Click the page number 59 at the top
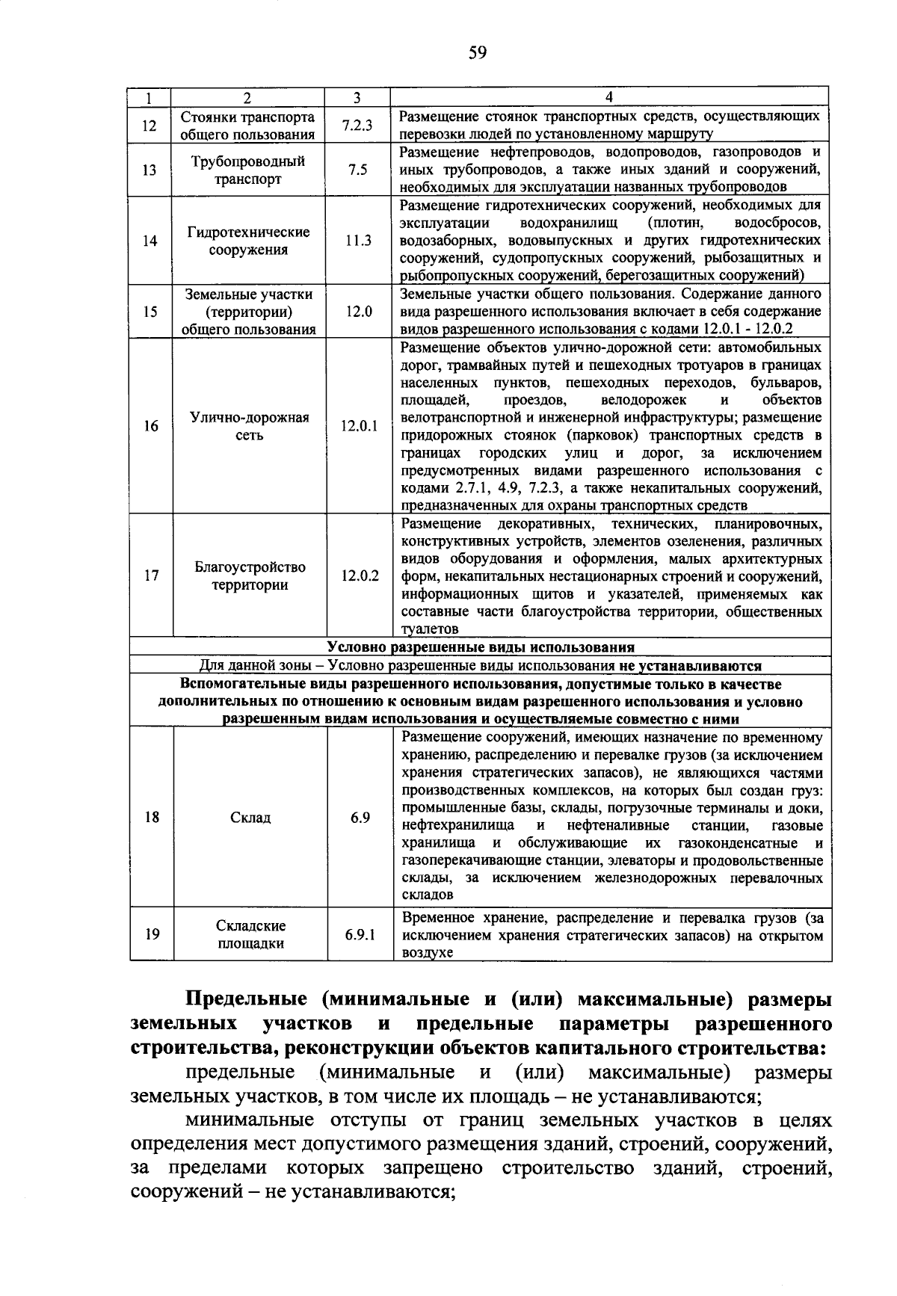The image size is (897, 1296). tap(478, 52)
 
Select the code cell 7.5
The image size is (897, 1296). tap(357, 170)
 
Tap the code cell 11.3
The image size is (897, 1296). tap(358, 241)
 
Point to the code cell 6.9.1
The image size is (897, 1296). tap(360, 934)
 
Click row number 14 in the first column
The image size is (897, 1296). tap(150, 241)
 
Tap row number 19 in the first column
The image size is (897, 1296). tap(152, 934)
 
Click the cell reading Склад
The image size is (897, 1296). tap(250, 817)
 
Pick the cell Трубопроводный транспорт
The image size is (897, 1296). tap(247, 170)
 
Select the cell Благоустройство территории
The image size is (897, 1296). tap(250, 576)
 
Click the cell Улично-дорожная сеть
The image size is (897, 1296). tap(249, 426)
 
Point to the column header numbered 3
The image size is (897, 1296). tap(357, 97)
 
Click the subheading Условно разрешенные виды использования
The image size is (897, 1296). tap(481, 647)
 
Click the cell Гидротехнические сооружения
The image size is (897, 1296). tap(248, 241)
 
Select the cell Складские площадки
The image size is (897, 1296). tap(250, 934)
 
